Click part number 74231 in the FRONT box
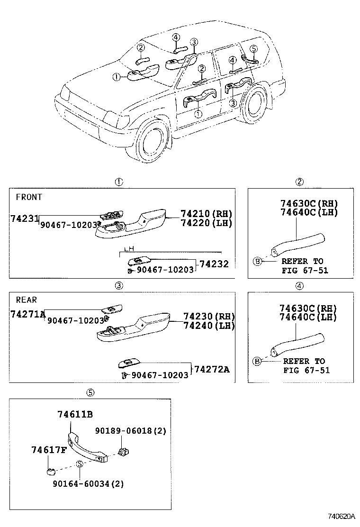24,218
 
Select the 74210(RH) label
206,214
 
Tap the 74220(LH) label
206,223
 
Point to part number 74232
214,264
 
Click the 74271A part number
27,314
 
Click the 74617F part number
49,450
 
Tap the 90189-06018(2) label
130,431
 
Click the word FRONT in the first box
29,197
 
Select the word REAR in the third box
26,300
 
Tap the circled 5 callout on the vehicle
253,48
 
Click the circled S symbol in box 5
80,463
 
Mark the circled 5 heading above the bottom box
90,392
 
